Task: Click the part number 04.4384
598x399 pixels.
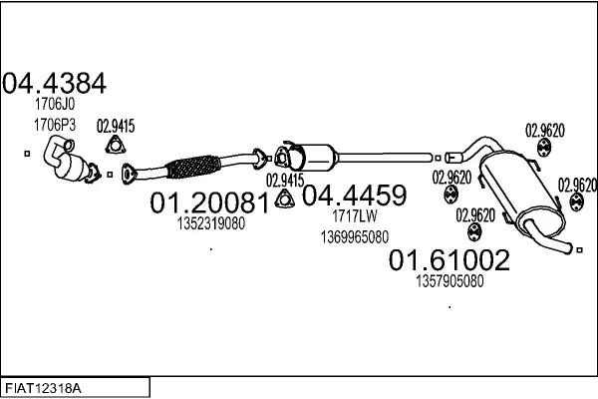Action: tap(55, 83)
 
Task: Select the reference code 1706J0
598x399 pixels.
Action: tap(55, 104)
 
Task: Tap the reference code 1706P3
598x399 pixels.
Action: tap(55, 125)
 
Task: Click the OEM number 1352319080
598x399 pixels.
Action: tap(210, 223)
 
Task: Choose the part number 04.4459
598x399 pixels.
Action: tap(354, 195)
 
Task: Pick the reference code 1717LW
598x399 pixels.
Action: tap(354, 215)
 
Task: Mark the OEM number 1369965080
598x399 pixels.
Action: tap(355, 236)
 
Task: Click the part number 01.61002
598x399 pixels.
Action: tap(448, 261)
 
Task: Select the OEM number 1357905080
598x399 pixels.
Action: tap(448, 281)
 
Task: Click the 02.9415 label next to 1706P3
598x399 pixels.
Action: tap(115, 126)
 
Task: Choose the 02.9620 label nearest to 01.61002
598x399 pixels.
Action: tap(475, 214)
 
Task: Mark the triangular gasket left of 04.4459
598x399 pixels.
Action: tap(283, 199)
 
